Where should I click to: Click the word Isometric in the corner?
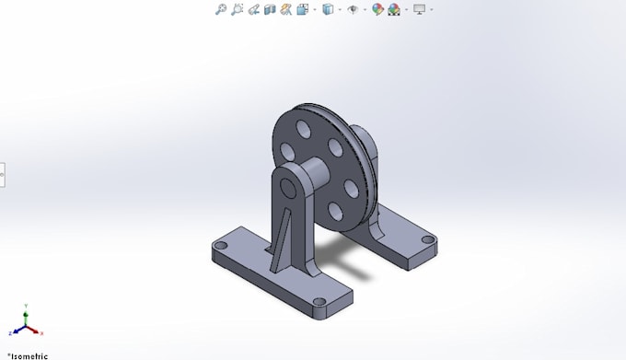click(27, 354)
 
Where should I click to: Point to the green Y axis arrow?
click(26, 311)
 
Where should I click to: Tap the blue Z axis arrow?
click(14, 331)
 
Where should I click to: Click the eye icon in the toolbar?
click(352, 9)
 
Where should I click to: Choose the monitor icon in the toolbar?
click(420, 9)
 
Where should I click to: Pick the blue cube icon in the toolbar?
click(328, 9)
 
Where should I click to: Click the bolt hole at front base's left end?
click(221, 247)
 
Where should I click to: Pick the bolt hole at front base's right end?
click(318, 302)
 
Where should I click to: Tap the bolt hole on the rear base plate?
click(427, 239)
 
